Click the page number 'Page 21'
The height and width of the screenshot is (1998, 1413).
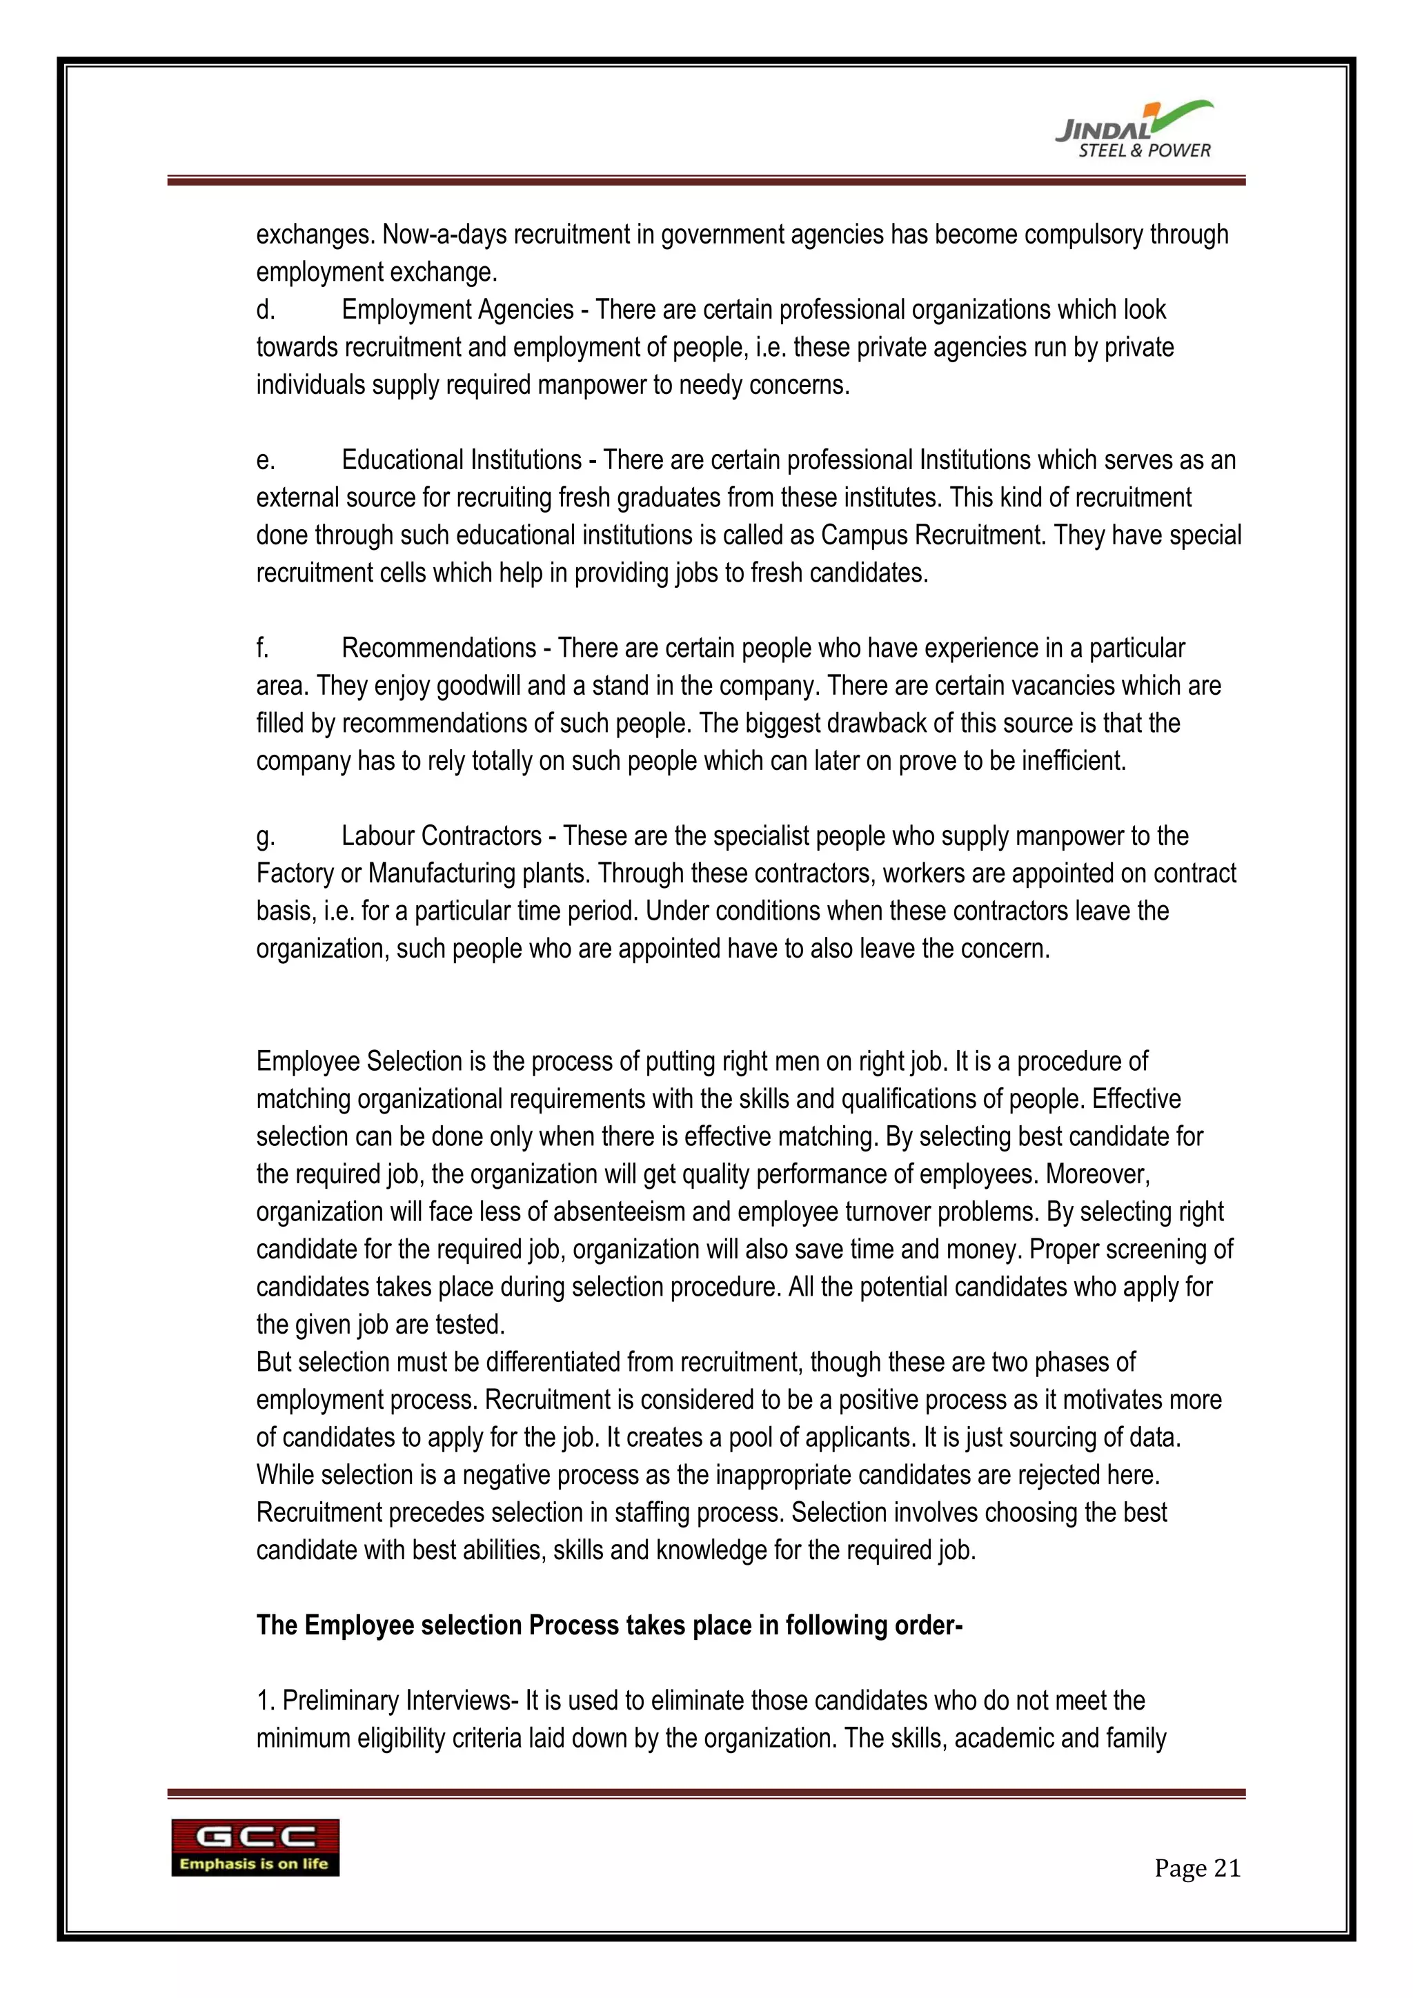(1197, 1868)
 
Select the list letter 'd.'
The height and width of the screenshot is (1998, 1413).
(266, 310)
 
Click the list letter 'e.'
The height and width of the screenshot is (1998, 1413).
(266, 460)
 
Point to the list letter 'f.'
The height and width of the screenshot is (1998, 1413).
(263, 649)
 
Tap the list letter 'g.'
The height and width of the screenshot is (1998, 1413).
(266, 836)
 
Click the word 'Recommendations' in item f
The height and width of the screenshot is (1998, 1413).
(439, 649)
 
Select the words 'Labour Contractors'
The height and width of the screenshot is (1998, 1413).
(441, 836)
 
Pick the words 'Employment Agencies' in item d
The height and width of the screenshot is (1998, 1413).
(457, 310)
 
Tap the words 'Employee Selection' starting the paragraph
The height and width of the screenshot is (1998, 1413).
(359, 1062)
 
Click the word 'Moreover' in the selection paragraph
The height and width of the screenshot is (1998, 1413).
(1096, 1175)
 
